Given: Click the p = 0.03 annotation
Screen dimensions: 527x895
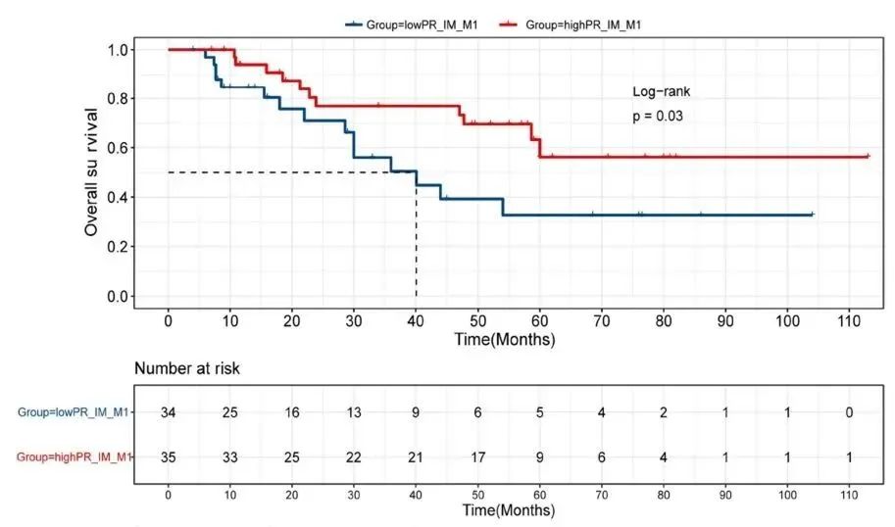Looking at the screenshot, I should [658, 116].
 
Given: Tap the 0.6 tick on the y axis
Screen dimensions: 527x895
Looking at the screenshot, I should [120, 148].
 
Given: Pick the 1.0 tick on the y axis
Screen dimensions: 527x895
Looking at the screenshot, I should [120, 49].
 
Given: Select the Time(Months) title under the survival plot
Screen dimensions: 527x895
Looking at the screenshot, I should [505, 340].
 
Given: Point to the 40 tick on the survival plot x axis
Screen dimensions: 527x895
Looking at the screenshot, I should [416, 320].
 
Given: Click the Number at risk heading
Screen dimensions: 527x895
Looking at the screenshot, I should [187, 369].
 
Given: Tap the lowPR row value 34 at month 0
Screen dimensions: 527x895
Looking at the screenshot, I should [169, 412].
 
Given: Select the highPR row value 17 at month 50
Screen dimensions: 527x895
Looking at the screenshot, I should [477, 455].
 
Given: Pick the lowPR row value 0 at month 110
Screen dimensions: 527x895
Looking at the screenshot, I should [850, 412].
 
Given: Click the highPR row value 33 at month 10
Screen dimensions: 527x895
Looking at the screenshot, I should [230, 455].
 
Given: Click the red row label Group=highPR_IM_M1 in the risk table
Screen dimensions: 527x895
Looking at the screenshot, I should [74, 455].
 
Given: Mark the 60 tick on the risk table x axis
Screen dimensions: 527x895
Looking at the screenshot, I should [539, 494].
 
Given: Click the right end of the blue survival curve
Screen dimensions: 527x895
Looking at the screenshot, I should [813, 214].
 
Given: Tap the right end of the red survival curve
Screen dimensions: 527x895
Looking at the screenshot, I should [869, 156].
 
